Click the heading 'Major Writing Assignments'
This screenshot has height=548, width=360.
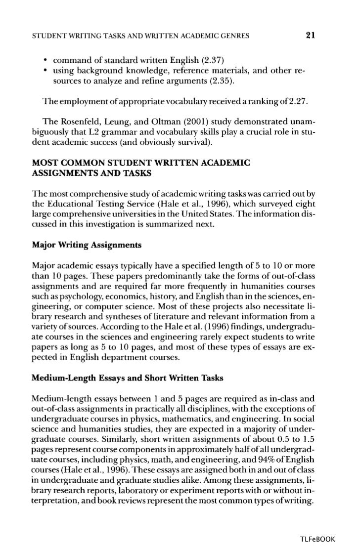(87, 244)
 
